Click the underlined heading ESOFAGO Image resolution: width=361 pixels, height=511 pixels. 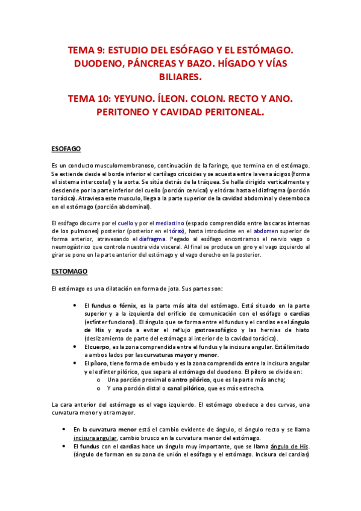tap(67, 148)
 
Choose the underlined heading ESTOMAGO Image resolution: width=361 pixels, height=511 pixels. tap(70, 272)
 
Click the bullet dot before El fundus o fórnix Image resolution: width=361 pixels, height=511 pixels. tap(74, 306)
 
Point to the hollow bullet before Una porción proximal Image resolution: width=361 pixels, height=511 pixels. tap(99, 380)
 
